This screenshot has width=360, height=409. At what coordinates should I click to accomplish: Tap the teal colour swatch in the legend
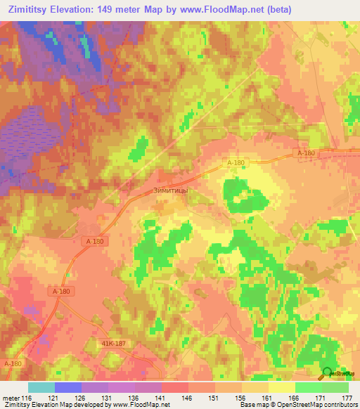pyautogui.click(x=41, y=387)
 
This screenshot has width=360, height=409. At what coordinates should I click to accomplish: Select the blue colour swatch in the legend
pyautogui.click(x=67, y=387)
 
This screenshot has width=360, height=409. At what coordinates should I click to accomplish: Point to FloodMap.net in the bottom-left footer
pyautogui.click(x=145, y=405)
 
